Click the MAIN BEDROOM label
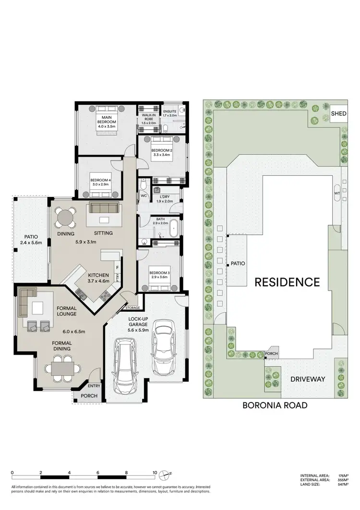[106, 119]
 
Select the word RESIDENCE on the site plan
[287, 281]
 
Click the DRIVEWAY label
[308, 379]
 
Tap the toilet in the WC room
[143, 184]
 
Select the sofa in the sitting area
[104, 207]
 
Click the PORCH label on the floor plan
[89, 396]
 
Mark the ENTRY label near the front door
[94, 385]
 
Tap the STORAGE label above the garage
[132, 307]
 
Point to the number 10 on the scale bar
[155, 473]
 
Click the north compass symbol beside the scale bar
[166, 474]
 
